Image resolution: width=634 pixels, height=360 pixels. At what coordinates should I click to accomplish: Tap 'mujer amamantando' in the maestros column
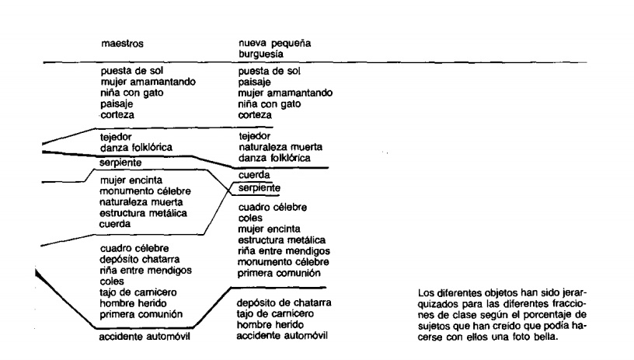[148, 82]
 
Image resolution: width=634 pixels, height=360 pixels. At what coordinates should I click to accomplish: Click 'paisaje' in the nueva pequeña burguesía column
[256, 82]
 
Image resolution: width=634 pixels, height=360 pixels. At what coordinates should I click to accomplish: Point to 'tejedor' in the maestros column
[117, 136]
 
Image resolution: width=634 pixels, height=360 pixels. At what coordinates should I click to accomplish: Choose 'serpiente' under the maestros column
[122, 163]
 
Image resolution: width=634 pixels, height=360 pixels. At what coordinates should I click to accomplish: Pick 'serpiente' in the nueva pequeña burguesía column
[260, 188]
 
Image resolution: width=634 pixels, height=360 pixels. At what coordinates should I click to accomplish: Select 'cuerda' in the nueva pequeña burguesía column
[256, 176]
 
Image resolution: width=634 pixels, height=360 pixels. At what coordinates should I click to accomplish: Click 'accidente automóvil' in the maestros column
[146, 337]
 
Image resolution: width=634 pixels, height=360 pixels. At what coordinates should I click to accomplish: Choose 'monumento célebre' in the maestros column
[145, 190]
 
